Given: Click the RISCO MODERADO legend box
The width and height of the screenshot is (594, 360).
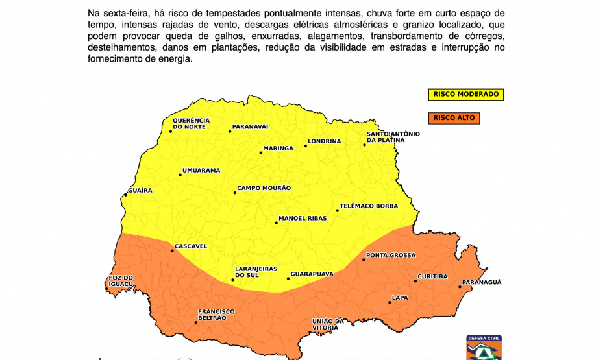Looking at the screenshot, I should (465, 95).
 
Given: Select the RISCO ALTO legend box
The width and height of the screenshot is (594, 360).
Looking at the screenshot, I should (454, 118).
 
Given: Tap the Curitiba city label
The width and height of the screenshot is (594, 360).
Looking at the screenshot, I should (432, 276).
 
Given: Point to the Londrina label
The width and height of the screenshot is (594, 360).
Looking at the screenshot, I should (324, 141).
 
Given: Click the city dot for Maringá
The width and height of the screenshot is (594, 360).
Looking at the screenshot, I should (261, 152).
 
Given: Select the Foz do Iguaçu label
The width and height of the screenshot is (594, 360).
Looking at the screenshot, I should (120, 281).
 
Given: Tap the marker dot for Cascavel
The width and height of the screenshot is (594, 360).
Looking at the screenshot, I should (172, 250).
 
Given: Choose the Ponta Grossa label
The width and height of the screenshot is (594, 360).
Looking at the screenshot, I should (391, 255).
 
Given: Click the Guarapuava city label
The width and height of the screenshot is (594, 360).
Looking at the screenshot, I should (312, 274).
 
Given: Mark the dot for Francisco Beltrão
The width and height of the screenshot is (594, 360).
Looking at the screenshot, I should (195, 322).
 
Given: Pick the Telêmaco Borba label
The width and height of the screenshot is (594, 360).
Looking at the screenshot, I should (368, 206).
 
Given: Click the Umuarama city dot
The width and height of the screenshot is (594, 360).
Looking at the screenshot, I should (180, 174).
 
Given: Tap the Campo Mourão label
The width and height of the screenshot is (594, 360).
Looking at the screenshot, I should (264, 188).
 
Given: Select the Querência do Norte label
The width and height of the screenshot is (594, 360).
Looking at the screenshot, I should (191, 123).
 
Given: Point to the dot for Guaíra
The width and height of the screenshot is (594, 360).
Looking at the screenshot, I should (125, 195).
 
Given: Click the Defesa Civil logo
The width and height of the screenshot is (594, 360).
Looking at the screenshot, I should (484, 347).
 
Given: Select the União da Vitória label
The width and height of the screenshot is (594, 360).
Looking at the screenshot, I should (328, 324).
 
